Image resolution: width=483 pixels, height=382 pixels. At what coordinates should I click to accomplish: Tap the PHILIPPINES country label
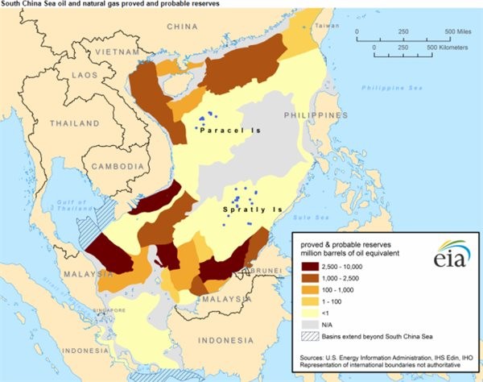pyautogui.click(x=331, y=116)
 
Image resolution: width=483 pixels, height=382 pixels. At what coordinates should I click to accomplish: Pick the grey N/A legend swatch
pyautogui.click(x=309, y=323)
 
